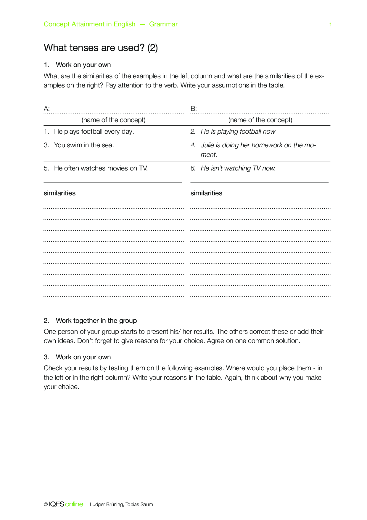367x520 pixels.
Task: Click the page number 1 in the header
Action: point(330,25)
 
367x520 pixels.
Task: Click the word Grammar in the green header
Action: point(163,24)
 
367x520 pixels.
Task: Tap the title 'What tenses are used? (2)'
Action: point(101,48)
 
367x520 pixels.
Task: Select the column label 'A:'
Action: point(47,109)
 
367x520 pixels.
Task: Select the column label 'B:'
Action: point(194,109)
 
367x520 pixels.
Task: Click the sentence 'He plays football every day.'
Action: point(94,132)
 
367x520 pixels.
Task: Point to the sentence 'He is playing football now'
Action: point(238,132)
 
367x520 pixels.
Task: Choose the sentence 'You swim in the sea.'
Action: point(84,145)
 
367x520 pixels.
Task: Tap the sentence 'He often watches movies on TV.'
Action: point(101,168)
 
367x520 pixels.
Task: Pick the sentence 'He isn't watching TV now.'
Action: point(238,168)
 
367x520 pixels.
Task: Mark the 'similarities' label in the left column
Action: point(59,193)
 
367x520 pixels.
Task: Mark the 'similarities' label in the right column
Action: point(206,193)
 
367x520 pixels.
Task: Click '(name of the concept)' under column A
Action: point(113,120)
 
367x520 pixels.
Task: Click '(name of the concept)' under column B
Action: point(260,120)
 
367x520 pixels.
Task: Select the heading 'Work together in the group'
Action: point(96,321)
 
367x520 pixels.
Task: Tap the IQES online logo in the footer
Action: point(66,504)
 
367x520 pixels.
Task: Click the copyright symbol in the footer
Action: point(46,505)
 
